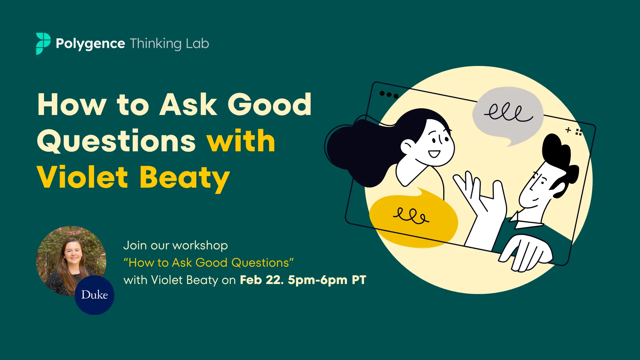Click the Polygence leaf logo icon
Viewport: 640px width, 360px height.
point(43,43)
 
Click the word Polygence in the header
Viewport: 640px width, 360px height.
point(90,44)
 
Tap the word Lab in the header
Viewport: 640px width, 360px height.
point(197,43)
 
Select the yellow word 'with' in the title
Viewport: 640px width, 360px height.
point(241,141)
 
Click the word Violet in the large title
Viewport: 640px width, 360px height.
point(82,177)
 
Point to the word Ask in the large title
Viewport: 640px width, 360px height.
point(188,104)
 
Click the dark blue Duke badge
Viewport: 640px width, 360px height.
point(94,295)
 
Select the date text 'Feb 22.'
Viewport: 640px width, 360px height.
point(262,280)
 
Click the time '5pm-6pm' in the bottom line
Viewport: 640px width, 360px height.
point(318,280)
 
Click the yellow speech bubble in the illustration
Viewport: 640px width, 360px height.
point(414,218)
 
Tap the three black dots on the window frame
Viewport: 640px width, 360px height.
point(389,95)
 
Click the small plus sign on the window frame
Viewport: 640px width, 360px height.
point(568,130)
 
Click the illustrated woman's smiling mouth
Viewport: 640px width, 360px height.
point(434,154)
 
